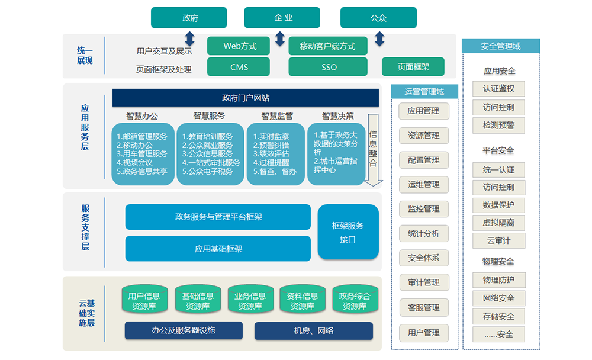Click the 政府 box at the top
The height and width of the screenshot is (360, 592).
click(189, 18)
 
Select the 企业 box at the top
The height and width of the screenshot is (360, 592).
click(282, 18)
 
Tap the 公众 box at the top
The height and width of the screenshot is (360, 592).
click(378, 18)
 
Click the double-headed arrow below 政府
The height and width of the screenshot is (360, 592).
click(189, 38)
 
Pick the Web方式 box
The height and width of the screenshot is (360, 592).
click(240, 46)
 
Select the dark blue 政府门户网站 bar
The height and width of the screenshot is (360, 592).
click(246, 98)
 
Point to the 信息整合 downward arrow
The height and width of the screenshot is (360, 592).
click(373, 149)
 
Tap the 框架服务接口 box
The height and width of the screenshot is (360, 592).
click(348, 232)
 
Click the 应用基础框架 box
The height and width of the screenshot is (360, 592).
click(218, 249)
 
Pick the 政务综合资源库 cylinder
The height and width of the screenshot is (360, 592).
click(355, 301)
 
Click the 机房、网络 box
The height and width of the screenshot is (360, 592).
click(314, 330)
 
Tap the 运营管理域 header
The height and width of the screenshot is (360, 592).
click(424, 91)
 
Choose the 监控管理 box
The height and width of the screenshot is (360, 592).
click(424, 208)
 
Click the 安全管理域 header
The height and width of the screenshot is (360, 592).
click(501, 46)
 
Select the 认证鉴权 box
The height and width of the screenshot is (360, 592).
click(498, 89)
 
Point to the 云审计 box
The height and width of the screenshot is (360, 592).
click(498, 240)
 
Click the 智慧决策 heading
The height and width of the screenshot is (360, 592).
click(338, 116)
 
